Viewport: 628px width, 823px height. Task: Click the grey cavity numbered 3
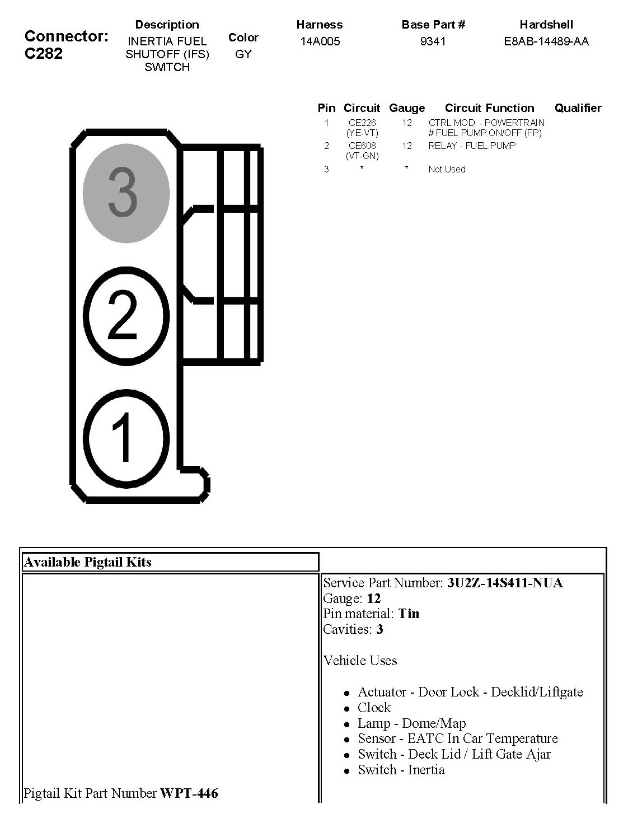pyautogui.click(x=126, y=194)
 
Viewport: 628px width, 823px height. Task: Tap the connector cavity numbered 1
pyautogui.click(x=126, y=437)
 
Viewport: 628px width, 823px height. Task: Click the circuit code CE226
pyautogui.click(x=362, y=123)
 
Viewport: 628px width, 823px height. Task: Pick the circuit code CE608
pyautogui.click(x=362, y=146)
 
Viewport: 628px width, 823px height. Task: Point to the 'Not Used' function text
pyautogui.click(x=447, y=169)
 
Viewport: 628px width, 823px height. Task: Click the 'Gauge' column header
pyautogui.click(x=407, y=108)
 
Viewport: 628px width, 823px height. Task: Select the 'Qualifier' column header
pyautogui.click(x=578, y=108)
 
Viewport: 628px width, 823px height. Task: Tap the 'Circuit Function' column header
pyautogui.click(x=489, y=108)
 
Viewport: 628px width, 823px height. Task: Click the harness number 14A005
pyautogui.click(x=320, y=41)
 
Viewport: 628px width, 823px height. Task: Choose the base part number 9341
pyautogui.click(x=433, y=41)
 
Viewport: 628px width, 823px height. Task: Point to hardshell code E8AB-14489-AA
pyautogui.click(x=546, y=41)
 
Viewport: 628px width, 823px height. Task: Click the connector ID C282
pyautogui.click(x=44, y=54)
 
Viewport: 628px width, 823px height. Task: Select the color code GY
pyautogui.click(x=243, y=54)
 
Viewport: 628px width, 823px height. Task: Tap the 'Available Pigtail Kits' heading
pyautogui.click(x=87, y=562)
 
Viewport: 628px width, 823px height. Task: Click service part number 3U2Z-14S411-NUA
pyautogui.click(x=505, y=583)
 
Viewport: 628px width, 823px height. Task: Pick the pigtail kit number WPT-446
pyautogui.click(x=189, y=793)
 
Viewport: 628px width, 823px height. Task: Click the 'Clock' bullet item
pyautogui.click(x=374, y=707)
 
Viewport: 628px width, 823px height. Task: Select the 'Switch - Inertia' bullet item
pyautogui.click(x=401, y=770)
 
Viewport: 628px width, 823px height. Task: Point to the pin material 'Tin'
pyautogui.click(x=409, y=614)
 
